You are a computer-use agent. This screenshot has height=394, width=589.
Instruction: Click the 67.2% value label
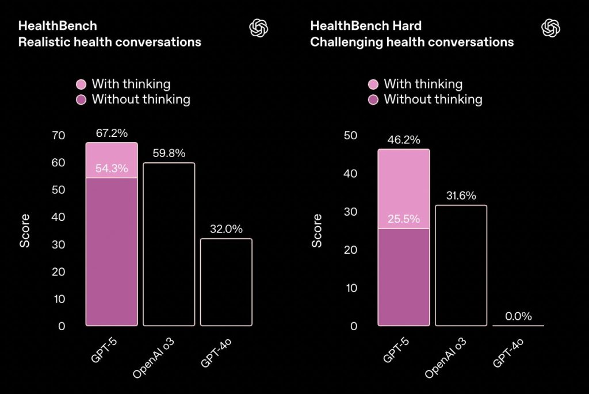(112, 133)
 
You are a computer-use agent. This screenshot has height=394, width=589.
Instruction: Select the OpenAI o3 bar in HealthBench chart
(169, 244)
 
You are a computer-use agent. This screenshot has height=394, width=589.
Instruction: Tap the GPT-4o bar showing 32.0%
(226, 282)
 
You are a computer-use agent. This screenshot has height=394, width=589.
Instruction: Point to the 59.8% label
(169, 154)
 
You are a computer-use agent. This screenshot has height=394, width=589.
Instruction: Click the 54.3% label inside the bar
(112, 169)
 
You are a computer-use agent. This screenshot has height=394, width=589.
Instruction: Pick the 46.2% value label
(404, 140)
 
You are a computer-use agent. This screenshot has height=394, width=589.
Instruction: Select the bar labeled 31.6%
(461, 265)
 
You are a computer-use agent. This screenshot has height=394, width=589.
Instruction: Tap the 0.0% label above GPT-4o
(518, 316)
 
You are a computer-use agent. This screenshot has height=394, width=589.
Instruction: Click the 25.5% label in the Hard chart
(404, 219)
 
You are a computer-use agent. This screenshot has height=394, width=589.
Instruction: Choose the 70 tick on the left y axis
(59, 136)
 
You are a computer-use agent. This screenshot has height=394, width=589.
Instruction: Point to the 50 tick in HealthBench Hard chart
(351, 136)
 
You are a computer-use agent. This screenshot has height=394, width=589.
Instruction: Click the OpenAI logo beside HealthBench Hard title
(551, 28)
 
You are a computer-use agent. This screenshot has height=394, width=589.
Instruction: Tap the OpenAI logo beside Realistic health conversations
(259, 28)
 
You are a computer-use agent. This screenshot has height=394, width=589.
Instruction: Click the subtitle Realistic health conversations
(110, 42)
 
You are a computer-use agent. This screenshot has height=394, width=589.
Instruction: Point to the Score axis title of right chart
(317, 231)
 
